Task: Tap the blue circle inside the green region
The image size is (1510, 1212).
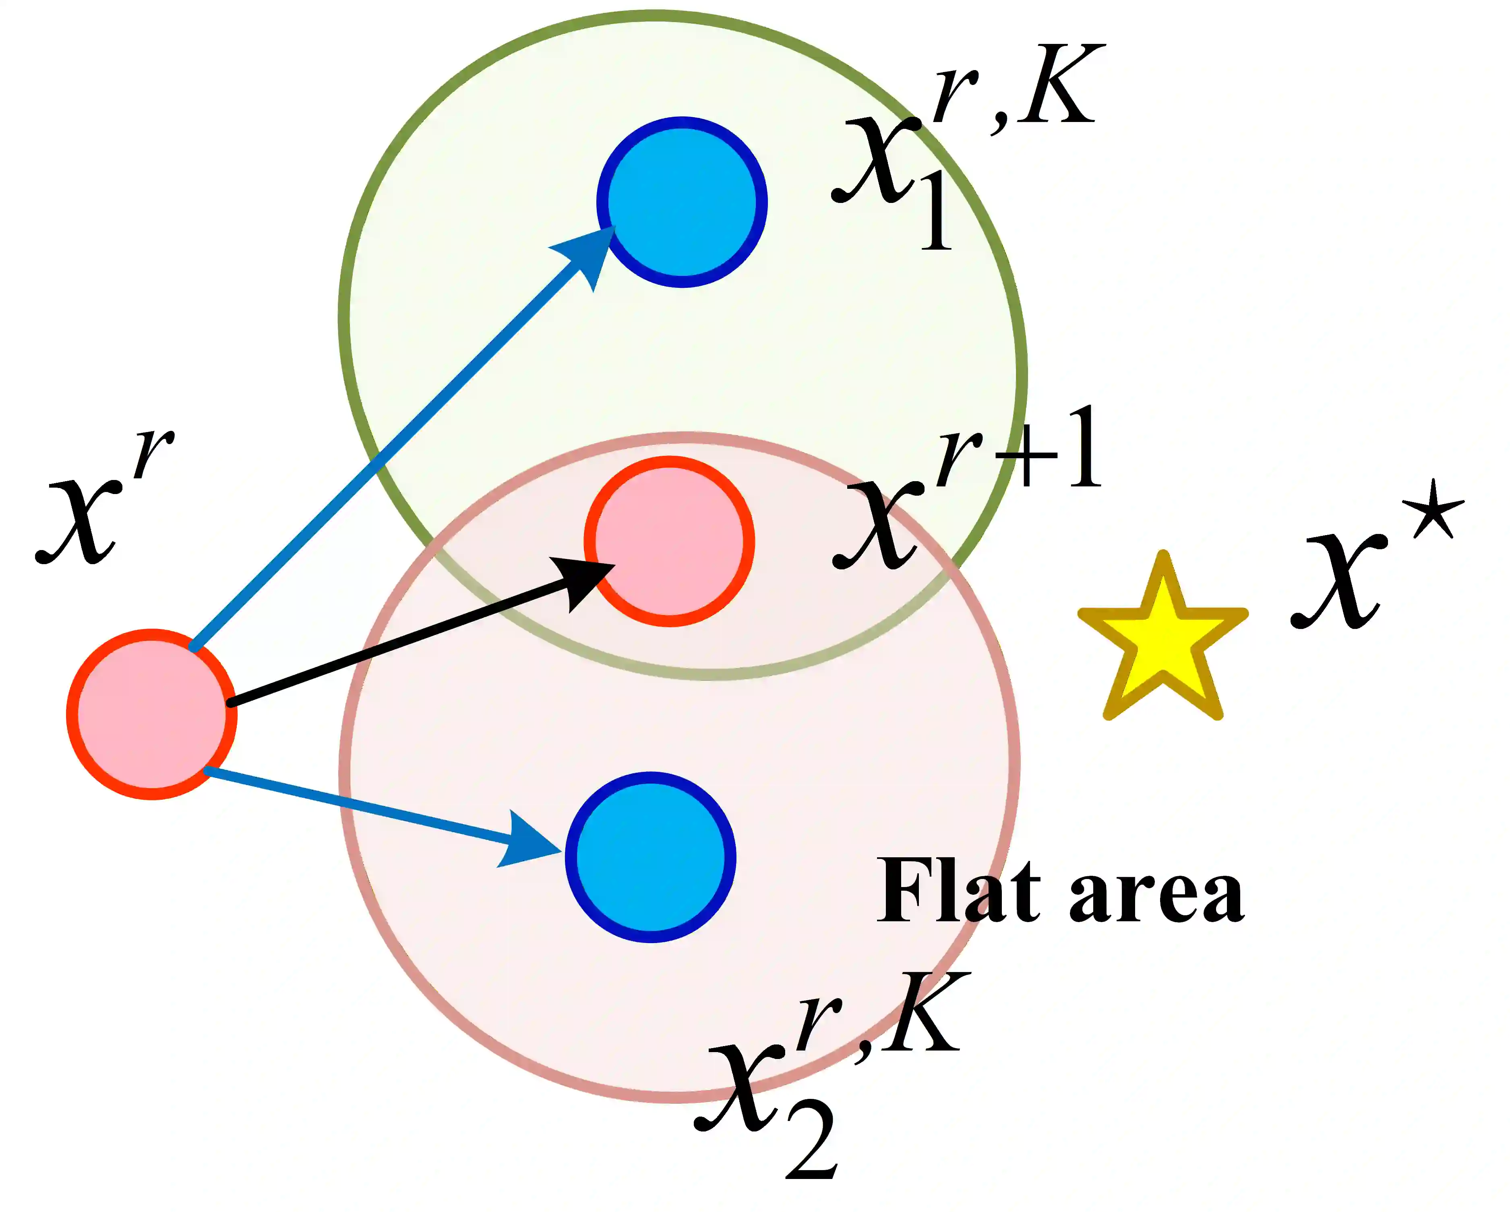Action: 681,202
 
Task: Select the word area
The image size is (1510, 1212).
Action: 1156,896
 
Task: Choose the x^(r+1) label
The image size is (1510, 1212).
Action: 966,490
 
